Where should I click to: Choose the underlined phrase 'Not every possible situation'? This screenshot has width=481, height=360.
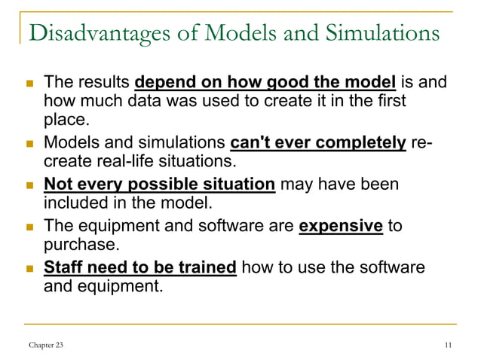point(159,185)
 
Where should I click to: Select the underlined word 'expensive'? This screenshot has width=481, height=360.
point(340,226)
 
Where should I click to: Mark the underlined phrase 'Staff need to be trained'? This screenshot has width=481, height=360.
point(140,267)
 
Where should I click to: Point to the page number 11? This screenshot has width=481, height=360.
point(449,346)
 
